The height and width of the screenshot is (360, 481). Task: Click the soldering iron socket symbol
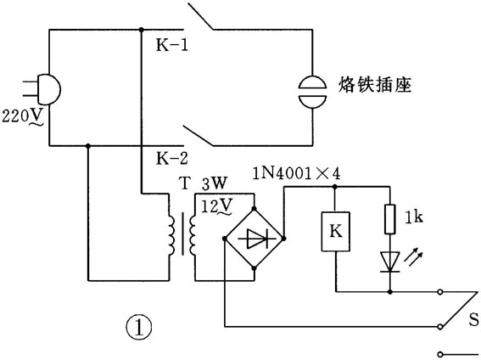click(x=313, y=86)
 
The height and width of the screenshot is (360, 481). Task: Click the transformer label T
click(x=184, y=183)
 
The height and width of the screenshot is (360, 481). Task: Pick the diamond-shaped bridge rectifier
click(x=254, y=239)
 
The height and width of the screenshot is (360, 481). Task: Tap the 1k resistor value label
click(x=417, y=219)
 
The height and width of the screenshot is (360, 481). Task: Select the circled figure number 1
click(x=139, y=325)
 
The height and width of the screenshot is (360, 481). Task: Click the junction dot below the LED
click(x=389, y=291)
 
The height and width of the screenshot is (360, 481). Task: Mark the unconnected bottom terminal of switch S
click(x=440, y=353)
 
